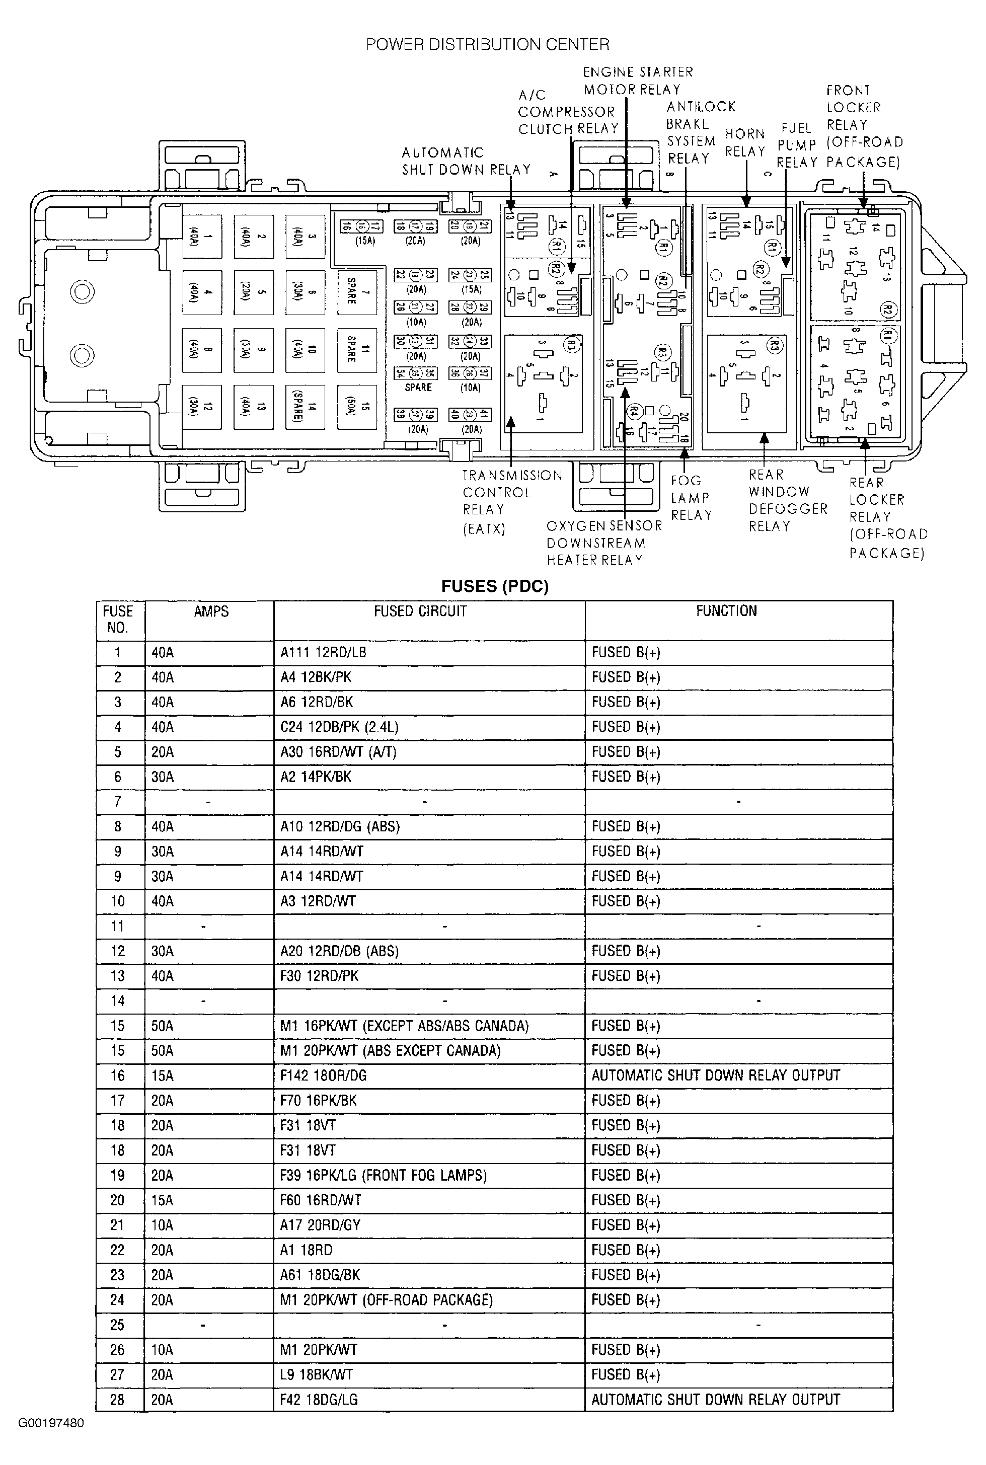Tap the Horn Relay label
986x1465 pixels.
point(744,143)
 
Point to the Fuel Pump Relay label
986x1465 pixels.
point(797,145)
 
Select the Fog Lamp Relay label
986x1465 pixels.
point(691,498)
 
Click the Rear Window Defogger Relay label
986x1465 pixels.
point(787,500)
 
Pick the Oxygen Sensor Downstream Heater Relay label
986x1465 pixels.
point(603,543)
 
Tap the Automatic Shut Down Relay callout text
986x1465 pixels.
point(466,161)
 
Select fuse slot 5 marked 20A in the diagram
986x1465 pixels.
point(253,292)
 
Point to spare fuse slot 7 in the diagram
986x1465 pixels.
point(356,292)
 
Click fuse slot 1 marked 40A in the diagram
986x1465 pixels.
point(202,237)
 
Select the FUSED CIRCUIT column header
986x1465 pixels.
point(420,611)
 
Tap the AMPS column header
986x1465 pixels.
point(211,611)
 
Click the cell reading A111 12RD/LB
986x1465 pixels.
point(323,653)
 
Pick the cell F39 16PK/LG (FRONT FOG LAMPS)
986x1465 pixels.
point(384,1175)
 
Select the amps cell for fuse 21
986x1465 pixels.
point(162,1225)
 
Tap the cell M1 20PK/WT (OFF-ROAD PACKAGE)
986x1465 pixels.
point(386,1299)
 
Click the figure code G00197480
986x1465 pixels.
point(51,1423)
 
